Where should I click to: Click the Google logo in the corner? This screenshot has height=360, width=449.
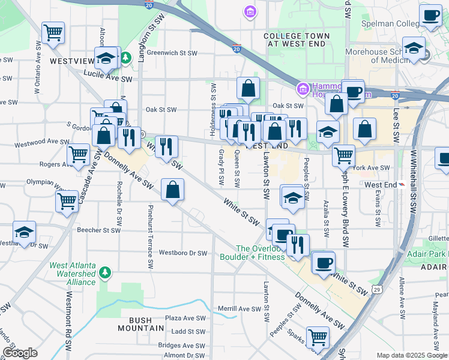pyautogui.click(x=20, y=353)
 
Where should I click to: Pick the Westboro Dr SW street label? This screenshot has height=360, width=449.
pyautogui.click(x=182, y=253)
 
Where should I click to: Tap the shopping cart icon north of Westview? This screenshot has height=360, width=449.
pyautogui.click(x=53, y=32)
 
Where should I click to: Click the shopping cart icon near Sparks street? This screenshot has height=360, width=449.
pyautogui.click(x=317, y=337)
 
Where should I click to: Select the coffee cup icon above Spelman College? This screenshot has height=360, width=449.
pyautogui.click(x=430, y=16)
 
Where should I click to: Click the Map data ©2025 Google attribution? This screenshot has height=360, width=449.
pyautogui.click(x=412, y=355)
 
